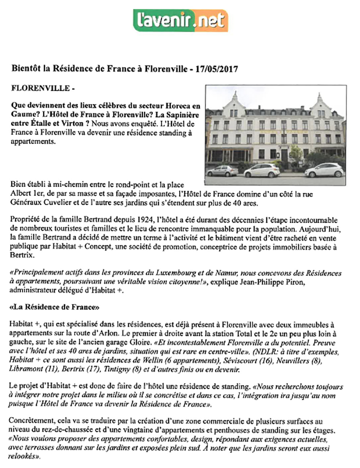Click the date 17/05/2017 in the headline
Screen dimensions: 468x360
coord(216,69)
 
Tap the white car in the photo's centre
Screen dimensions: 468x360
coord(262,170)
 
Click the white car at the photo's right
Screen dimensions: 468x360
coord(324,170)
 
